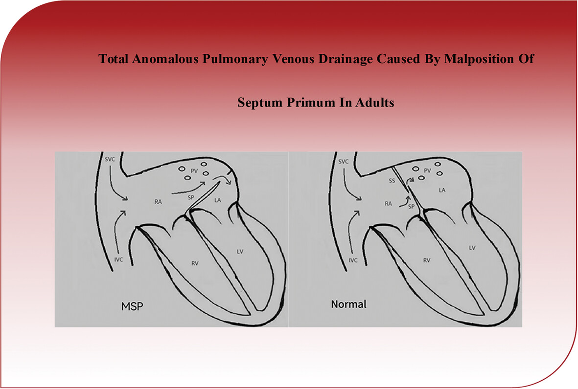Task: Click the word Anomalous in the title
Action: [x=164, y=59]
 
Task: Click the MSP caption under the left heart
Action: [x=132, y=306]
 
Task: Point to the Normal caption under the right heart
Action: [x=349, y=304]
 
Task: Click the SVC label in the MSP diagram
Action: [x=110, y=159]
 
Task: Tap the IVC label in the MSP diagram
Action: [x=118, y=259]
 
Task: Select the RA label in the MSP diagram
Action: [x=158, y=202]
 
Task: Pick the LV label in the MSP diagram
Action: [x=240, y=252]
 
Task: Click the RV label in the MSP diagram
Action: [x=195, y=263]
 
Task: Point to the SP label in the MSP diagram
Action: [x=190, y=197]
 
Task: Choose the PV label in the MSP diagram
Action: [x=194, y=171]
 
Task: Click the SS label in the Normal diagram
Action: [x=392, y=181]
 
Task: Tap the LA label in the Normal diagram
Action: [x=442, y=190]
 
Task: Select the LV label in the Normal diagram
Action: [x=472, y=248]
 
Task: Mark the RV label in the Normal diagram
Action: [x=426, y=260]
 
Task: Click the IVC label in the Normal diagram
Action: [x=353, y=260]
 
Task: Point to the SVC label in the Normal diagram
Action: [x=343, y=162]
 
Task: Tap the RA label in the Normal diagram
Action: [x=388, y=203]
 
